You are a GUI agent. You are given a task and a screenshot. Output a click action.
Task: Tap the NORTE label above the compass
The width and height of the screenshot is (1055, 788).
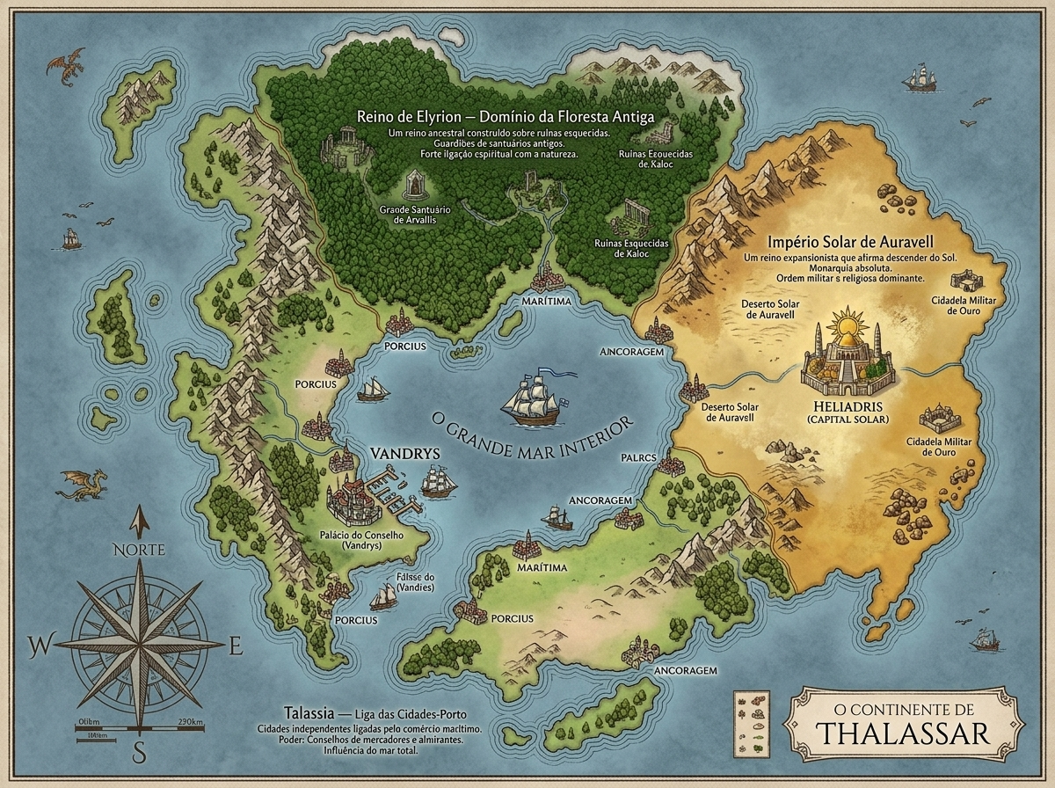point(138,551)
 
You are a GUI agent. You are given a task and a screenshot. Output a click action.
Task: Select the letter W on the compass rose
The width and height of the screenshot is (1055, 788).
point(38,648)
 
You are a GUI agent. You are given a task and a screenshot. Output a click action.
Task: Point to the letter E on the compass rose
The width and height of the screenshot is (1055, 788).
point(235,648)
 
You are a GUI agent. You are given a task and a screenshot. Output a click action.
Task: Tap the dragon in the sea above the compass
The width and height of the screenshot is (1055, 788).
point(84,483)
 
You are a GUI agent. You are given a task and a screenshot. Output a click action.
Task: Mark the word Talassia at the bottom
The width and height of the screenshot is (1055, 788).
point(304,711)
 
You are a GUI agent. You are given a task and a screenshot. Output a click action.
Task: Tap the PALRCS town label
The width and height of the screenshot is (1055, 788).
point(639,458)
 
